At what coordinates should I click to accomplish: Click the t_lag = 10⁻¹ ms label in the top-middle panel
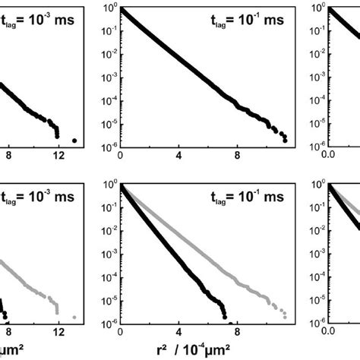pyautogui.click(x=248, y=19)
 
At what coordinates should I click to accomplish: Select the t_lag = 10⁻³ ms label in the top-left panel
pyautogui.click(x=38, y=19)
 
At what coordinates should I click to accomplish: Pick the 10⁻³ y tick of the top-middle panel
pyautogui.click(x=109, y=79)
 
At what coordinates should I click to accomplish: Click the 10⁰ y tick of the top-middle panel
pyautogui.click(x=109, y=8)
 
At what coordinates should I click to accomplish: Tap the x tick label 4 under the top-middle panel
pyautogui.click(x=178, y=156)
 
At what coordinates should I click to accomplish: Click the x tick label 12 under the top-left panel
pyautogui.click(x=58, y=156)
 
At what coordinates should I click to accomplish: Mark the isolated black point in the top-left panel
pyautogui.click(x=74, y=141)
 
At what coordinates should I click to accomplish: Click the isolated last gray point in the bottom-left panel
pyautogui.click(x=74, y=317)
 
